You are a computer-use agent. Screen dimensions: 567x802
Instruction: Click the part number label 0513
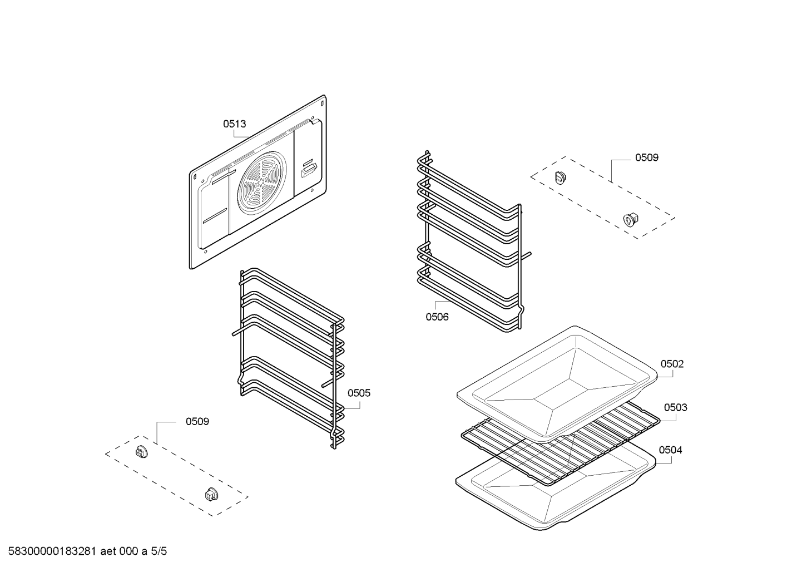click(234, 124)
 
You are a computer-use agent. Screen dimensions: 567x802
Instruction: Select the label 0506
click(437, 317)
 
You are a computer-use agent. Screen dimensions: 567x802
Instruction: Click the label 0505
click(359, 393)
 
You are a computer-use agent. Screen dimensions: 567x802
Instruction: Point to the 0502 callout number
click(672, 364)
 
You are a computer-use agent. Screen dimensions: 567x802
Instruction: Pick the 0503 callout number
click(675, 407)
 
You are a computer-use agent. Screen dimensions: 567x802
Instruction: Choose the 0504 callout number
click(670, 450)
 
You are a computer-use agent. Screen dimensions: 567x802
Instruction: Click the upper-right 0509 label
click(647, 157)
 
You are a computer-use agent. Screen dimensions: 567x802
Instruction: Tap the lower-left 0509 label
click(197, 421)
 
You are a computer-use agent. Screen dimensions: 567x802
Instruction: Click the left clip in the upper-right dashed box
click(560, 177)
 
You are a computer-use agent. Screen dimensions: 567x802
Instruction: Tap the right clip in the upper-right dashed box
click(631, 219)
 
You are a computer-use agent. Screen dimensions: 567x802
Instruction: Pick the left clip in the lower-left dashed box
click(141, 451)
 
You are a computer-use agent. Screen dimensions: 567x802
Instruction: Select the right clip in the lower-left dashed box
click(211, 494)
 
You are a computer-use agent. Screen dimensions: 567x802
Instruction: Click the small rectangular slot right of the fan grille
click(309, 170)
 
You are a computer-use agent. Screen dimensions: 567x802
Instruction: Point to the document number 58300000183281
click(50, 552)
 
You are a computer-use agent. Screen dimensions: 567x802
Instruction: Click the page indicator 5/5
click(159, 552)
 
